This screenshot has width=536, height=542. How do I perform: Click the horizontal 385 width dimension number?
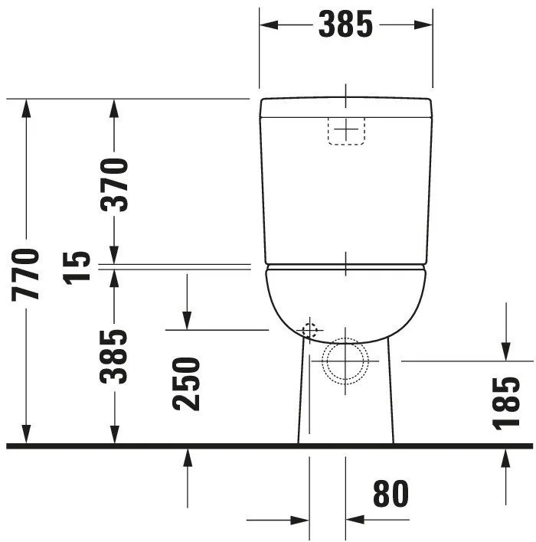(x=345, y=24)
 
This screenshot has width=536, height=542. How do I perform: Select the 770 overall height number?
(x=25, y=275)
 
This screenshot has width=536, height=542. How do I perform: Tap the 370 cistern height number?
(x=114, y=185)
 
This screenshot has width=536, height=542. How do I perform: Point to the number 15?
(x=77, y=268)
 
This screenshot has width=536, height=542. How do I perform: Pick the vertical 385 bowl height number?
(x=113, y=357)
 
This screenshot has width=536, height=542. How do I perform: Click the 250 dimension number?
(x=186, y=384)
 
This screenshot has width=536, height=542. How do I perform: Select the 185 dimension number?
(x=506, y=403)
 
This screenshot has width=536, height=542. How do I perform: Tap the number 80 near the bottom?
(x=391, y=493)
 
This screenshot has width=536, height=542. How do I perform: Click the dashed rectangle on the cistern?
(x=346, y=131)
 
